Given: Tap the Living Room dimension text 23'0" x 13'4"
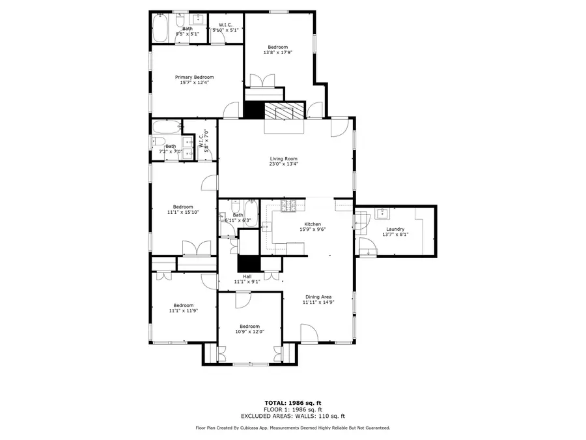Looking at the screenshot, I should (x=284, y=164).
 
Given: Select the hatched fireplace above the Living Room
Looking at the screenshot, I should (x=284, y=111).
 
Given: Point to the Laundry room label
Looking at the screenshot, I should (x=395, y=229).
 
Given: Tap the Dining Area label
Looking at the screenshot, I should (x=318, y=297).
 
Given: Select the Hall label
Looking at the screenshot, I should (x=247, y=276).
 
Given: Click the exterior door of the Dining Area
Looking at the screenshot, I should (x=309, y=334).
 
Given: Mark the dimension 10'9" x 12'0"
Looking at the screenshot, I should (x=249, y=332).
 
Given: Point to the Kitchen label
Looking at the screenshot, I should (x=313, y=224).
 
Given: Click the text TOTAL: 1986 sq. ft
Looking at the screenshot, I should (x=292, y=403).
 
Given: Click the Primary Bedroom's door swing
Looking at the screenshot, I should (x=231, y=111).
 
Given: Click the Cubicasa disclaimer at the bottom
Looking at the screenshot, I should (x=292, y=428).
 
